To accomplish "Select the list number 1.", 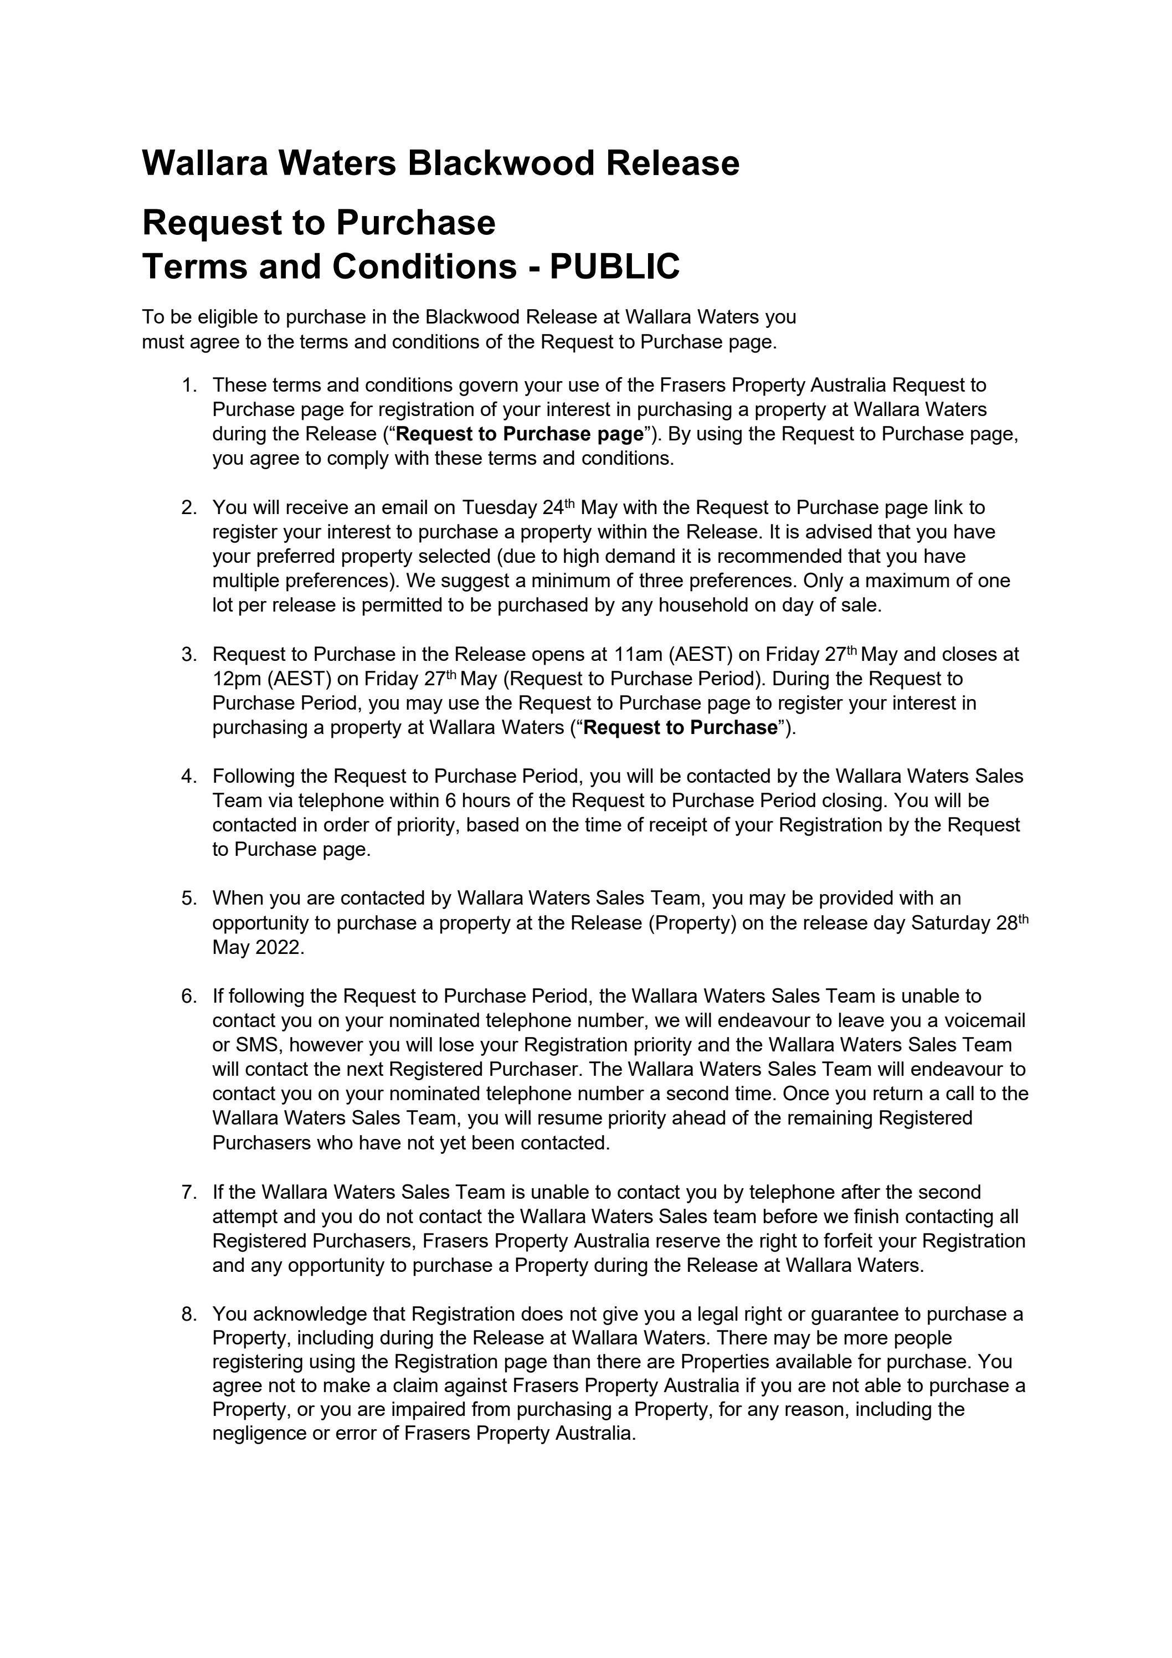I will pos(189,386).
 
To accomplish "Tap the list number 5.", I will pos(189,899).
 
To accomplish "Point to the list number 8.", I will pos(189,1313).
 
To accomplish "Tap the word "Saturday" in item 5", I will pos(951,923).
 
